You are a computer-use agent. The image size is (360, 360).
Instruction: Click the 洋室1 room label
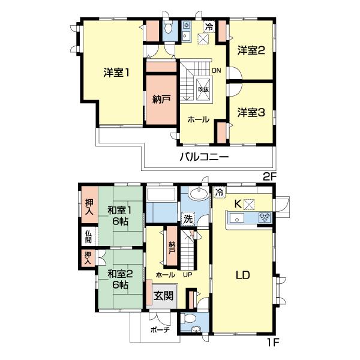click(116, 73)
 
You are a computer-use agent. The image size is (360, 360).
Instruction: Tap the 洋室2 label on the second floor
click(251, 50)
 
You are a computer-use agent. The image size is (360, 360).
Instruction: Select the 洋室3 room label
click(251, 113)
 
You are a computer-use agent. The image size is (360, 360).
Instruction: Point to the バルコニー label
click(204, 157)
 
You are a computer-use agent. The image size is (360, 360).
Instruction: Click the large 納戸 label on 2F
click(161, 99)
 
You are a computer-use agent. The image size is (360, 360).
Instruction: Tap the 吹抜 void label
click(203, 89)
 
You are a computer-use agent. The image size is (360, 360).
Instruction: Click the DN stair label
click(216, 70)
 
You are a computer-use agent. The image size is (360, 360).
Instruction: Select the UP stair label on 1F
click(187, 275)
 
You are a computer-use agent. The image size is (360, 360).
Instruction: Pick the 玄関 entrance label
click(163, 296)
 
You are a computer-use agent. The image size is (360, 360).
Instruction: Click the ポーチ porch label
click(160, 330)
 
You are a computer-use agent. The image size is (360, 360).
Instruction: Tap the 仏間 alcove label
click(88, 237)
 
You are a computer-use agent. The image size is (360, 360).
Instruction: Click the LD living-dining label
click(243, 275)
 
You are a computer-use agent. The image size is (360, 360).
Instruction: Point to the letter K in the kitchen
click(238, 204)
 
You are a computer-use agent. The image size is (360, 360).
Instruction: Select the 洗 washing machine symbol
click(188, 219)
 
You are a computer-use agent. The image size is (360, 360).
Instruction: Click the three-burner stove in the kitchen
click(265, 217)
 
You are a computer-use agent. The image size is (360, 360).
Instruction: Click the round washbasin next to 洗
click(199, 193)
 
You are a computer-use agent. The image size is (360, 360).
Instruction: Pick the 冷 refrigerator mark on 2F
click(209, 27)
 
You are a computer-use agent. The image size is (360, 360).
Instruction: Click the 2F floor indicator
click(269, 177)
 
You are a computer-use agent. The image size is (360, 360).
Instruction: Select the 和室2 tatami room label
click(120, 280)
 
